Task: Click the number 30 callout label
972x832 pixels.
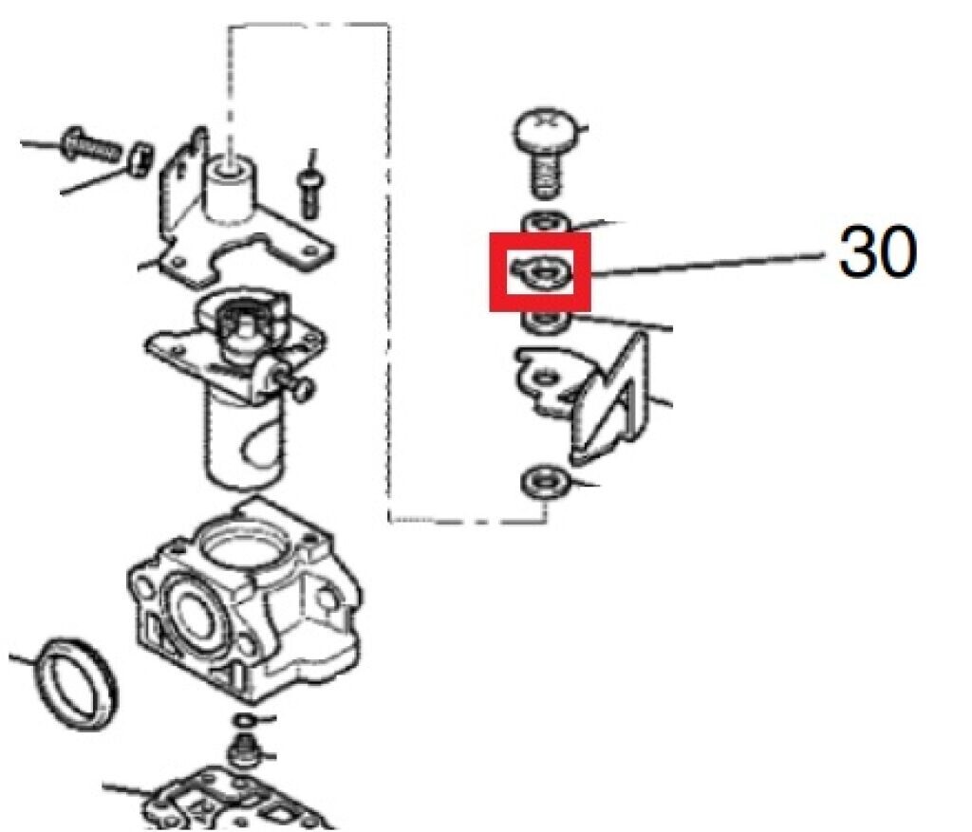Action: (x=877, y=254)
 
